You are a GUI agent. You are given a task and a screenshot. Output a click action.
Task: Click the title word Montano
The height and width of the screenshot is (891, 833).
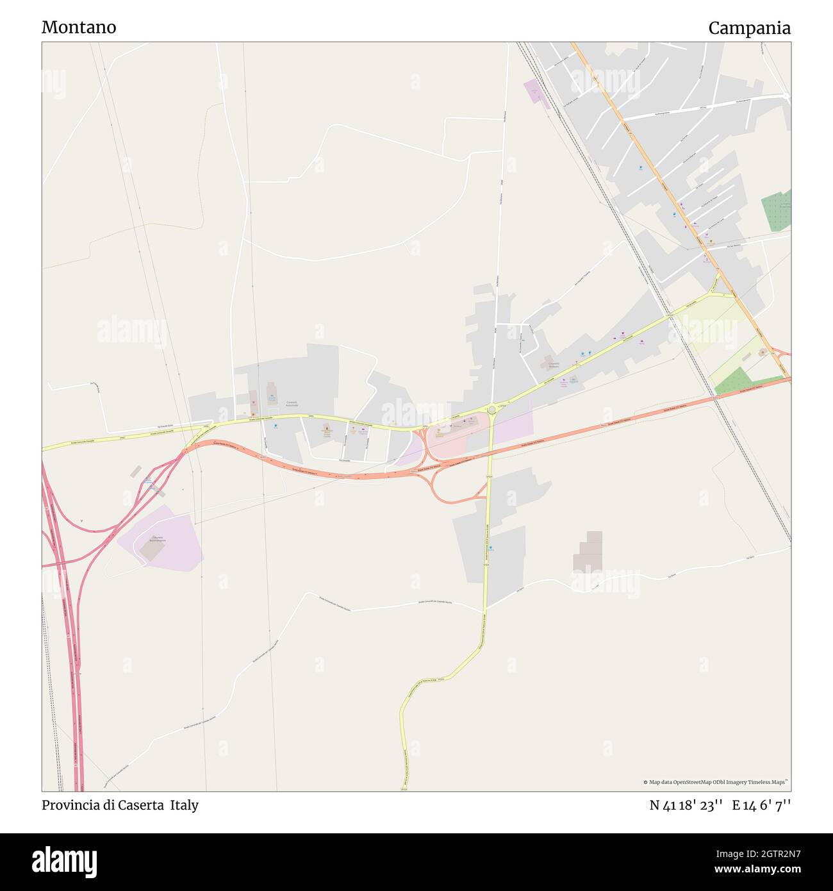[x=79, y=28]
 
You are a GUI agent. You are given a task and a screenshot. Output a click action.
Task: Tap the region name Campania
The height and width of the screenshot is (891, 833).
[x=749, y=28]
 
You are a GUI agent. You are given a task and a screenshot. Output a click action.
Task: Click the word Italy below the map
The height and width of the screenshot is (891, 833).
[x=185, y=805]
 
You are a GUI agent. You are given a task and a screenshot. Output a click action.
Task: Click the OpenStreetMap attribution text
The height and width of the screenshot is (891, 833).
[x=715, y=782]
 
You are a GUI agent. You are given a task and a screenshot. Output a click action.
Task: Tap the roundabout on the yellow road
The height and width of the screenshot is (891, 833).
[x=491, y=409]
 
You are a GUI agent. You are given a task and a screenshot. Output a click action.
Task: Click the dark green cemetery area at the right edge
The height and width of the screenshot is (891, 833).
[x=777, y=210]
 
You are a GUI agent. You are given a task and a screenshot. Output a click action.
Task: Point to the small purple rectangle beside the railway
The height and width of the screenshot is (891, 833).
[x=533, y=92]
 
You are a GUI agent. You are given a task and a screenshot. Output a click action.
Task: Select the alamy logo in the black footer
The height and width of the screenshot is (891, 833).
[x=65, y=862]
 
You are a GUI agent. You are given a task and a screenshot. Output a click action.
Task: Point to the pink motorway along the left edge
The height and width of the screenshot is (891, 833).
[x=76, y=673]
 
